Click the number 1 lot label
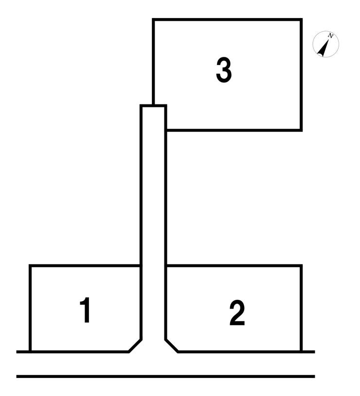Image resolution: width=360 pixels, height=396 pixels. [x=86, y=310]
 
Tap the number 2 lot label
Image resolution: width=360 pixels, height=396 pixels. [x=237, y=312]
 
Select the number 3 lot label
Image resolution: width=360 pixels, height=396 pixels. [x=224, y=70]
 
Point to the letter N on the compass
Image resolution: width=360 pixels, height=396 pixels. [x=330, y=35]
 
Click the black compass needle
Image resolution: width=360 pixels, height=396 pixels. [x=324, y=47]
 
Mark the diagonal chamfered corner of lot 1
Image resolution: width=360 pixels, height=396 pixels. [x=135, y=346]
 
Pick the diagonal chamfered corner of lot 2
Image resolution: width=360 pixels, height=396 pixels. [x=172, y=346]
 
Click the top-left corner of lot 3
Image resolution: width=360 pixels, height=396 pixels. [x=153, y=19]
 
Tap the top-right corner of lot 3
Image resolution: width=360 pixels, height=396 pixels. [x=301, y=19]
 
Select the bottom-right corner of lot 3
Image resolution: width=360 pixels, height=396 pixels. [x=301, y=130]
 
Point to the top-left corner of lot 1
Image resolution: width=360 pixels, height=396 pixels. [x=30, y=266]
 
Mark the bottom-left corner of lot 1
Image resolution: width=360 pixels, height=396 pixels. [x=30, y=352]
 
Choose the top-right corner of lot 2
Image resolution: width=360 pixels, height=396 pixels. [x=301, y=266]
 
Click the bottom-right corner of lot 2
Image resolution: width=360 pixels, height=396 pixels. [x=301, y=352]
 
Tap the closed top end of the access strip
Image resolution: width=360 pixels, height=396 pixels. [x=153, y=105]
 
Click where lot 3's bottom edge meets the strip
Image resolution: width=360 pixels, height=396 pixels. [x=166, y=130]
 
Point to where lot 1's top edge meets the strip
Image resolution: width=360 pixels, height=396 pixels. [x=141, y=266]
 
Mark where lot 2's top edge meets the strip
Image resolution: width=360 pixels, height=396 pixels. [x=166, y=266]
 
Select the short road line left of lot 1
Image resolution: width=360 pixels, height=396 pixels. [x=23, y=352]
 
